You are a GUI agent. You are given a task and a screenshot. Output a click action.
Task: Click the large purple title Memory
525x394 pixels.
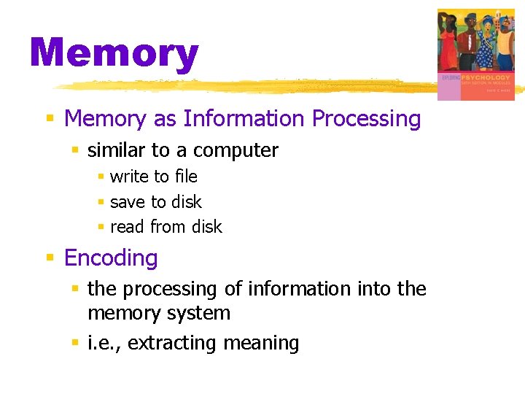[114, 54]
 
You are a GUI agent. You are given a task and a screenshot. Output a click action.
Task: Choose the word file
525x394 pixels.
[185, 177]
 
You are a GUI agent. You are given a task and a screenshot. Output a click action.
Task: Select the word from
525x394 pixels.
[168, 227]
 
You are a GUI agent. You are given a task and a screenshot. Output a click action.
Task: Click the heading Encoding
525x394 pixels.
[111, 258]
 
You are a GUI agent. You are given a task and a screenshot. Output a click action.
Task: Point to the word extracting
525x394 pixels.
[171, 344]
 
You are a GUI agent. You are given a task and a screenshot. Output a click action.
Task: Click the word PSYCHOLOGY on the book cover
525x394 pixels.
[487, 77]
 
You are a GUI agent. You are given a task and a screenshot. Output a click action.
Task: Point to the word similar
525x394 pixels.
[117, 151]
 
